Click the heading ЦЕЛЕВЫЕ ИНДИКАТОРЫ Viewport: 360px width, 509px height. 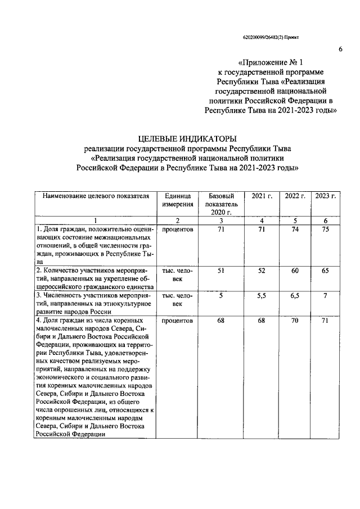point(188,138)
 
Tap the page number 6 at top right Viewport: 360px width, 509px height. point(340,49)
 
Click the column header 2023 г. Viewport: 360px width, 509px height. point(325,196)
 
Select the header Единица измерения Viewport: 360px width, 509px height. point(178,200)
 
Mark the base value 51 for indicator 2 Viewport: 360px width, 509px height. point(221,271)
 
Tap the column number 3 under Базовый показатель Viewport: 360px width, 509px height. point(221,220)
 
